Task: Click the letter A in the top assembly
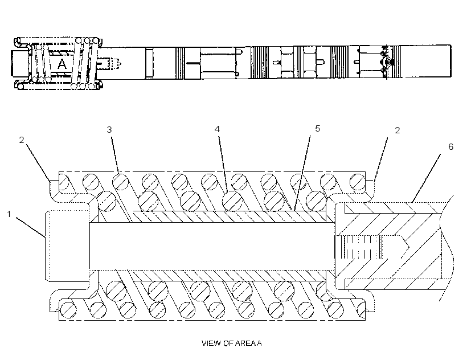[x=62, y=64]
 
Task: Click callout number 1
[x=9, y=214]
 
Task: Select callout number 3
[x=109, y=130]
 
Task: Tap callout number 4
[x=217, y=129]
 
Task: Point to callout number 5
[x=317, y=128]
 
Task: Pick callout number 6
[x=450, y=146]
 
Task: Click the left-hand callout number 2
[x=22, y=140]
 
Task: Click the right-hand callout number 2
[x=398, y=130]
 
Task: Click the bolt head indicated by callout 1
[x=68, y=246]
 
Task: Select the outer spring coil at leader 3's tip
[x=120, y=181]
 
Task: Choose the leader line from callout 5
[x=301, y=174]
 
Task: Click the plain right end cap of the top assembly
[x=425, y=62]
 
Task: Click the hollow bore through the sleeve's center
[x=212, y=246]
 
